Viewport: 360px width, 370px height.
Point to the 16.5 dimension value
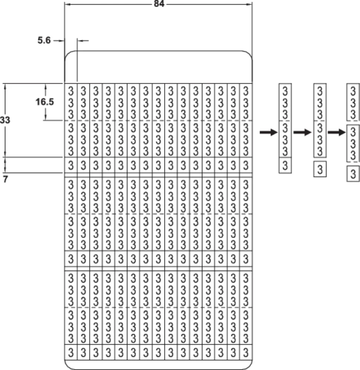click(45, 102)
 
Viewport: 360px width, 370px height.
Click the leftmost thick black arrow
click(269, 132)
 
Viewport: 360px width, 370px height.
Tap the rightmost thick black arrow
click(337, 132)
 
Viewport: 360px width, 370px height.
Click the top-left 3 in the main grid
click(71, 90)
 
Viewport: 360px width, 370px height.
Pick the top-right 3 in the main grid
click(246, 90)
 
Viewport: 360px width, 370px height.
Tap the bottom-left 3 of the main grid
click(71, 352)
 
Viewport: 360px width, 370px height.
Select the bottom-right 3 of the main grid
click(246, 352)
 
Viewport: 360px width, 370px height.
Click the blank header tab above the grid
click(159, 67)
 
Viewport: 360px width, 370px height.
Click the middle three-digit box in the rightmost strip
click(353, 143)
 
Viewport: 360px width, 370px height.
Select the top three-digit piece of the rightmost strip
click(353, 102)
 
